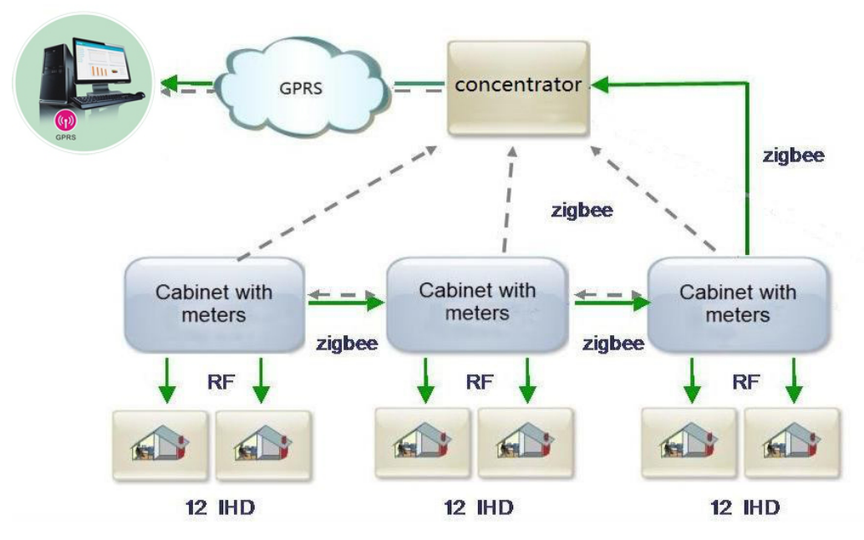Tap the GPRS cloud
[x=301, y=84]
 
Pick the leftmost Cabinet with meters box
[x=213, y=303]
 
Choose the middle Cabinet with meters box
[x=477, y=302]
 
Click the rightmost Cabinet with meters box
[x=737, y=303]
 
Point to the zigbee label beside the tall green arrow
[x=793, y=155]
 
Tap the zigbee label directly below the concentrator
[x=582, y=211]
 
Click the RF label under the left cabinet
[x=220, y=382]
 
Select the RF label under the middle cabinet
[x=480, y=382]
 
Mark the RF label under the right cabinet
[x=745, y=382]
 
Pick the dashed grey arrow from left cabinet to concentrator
[x=334, y=201]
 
